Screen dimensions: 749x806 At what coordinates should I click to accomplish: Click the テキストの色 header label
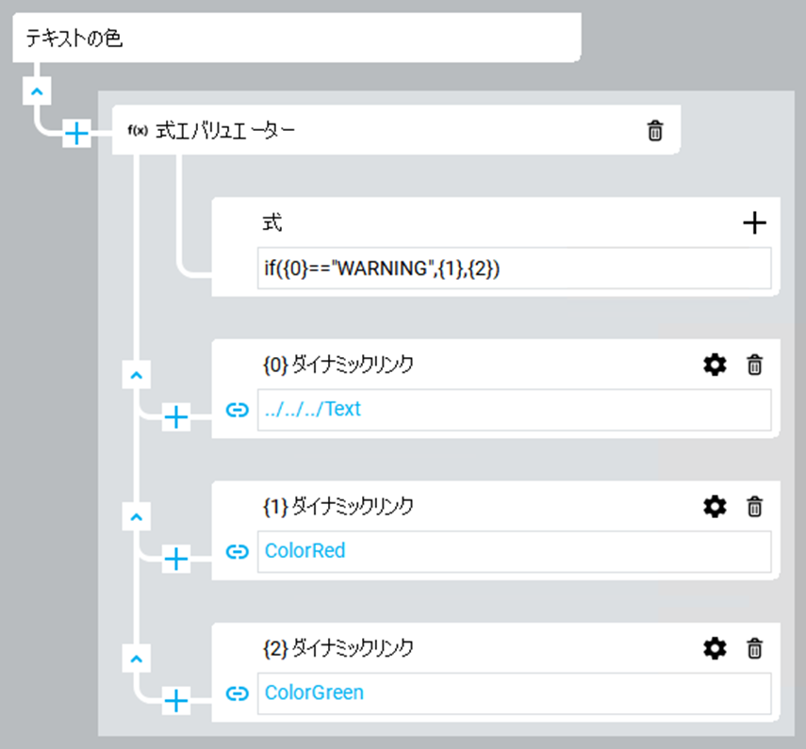tap(74, 40)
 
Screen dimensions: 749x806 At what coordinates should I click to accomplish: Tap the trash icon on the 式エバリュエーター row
tap(655, 131)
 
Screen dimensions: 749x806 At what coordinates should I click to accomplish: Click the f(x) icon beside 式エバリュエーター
tap(138, 131)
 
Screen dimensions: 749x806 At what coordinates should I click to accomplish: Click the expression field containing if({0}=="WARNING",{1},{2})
tap(514, 269)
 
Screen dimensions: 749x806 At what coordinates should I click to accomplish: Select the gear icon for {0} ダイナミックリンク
tap(716, 365)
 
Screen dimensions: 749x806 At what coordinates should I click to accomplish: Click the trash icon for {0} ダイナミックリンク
tap(754, 365)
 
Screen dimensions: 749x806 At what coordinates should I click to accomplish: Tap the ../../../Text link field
tap(514, 410)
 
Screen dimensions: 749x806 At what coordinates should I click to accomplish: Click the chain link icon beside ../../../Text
tap(237, 410)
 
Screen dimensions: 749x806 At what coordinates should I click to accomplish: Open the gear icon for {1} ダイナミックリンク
tap(716, 507)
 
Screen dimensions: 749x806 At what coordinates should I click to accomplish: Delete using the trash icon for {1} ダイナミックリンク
tap(754, 507)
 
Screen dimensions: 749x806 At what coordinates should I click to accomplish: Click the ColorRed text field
tap(514, 551)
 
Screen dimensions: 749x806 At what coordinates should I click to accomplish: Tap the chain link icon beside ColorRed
tap(237, 551)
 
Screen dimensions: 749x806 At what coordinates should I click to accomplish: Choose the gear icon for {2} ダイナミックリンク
tap(716, 648)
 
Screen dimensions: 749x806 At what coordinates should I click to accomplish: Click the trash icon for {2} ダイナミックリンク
tap(754, 648)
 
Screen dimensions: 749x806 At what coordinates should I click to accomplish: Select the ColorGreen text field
tap(514, 693)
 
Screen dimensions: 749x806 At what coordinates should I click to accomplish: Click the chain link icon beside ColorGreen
tap(237, 693)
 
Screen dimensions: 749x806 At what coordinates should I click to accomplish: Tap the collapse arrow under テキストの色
tap(36, 91)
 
